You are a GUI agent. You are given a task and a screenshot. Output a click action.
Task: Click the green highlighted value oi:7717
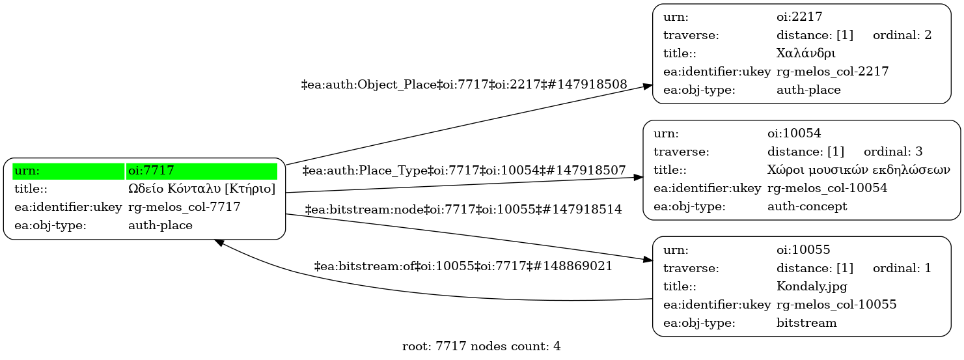[x=151, y=171]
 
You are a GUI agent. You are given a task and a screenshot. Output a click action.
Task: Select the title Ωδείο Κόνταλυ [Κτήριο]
[x=202, y=189]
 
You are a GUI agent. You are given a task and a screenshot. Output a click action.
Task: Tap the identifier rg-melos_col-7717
[x=184, y=208]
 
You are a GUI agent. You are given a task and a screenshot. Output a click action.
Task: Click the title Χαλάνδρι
[x=806, y=53]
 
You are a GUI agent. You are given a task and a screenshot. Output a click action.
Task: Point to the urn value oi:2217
[x=795, y=17]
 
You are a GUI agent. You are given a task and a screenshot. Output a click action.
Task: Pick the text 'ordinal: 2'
[x=902, y=35]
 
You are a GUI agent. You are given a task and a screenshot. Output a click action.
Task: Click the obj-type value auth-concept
[x=807, y=206]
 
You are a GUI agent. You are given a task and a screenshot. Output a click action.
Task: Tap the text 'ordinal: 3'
[x=893, y=152]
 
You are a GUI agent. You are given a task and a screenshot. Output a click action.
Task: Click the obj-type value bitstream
[x=806, y=322]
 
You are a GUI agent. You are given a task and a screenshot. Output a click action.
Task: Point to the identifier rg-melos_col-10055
[x=836, y=304]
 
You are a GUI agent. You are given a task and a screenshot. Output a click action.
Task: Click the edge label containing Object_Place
[x=464, y=85]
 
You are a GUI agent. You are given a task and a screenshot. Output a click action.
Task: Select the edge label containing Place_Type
[x=464, y=171]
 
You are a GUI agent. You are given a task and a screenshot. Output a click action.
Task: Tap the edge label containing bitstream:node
[x=463, y=210]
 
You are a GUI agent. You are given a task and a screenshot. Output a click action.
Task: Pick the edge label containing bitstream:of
[x=463, y=266]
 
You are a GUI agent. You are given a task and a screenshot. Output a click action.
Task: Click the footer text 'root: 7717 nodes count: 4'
[x=482, y=346]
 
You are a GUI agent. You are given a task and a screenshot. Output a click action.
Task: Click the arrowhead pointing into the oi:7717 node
[x=219, y=242]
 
